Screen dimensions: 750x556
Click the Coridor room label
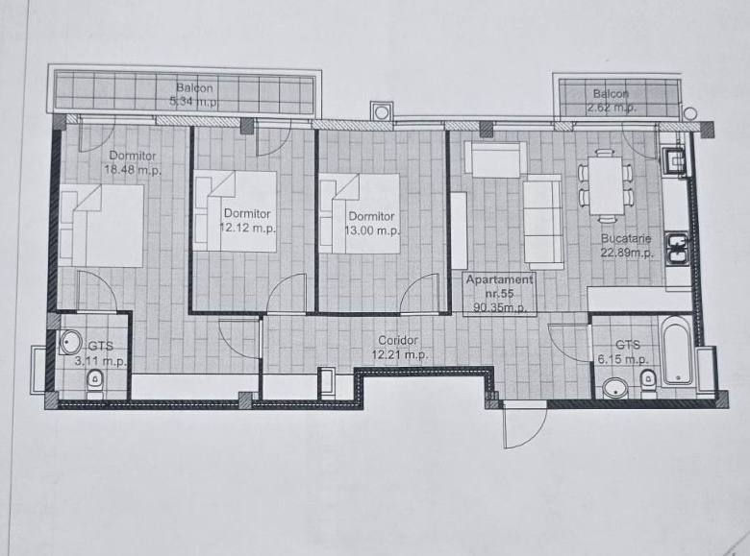[x=398, y=340]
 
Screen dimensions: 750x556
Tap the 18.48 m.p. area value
[x=133, y=170]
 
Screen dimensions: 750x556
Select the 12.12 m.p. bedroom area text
[x=248, y=228]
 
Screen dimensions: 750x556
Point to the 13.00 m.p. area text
[x=372, y=230]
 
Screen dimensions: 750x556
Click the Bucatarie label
[x=626, y=238]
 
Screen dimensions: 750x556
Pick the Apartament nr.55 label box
[x=500, y=293]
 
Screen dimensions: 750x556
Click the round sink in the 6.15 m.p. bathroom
[x=615, y=387]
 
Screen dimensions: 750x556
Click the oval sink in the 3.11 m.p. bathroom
[x=71, y=342]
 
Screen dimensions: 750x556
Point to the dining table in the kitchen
[x=607, y=185]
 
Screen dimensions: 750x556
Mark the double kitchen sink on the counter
[x=677, y=249]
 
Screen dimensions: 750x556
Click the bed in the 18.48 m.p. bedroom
[x=102, y=225]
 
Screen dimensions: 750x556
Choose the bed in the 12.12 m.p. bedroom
[x=235, y=211]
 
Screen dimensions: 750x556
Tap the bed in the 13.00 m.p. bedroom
[x=360, y=213]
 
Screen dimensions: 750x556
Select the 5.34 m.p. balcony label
[x=194, y=94]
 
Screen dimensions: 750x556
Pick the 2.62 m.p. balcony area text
[x=612, y=108]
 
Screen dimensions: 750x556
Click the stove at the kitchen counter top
[x=675, y=161]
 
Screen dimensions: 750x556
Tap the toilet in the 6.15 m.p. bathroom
[x=648, y=382]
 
